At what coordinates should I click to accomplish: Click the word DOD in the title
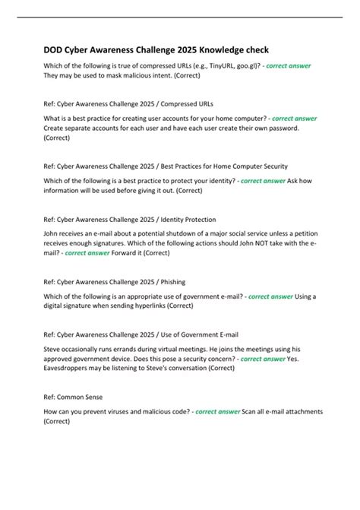pos(55,49)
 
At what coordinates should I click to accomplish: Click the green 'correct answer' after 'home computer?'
pos(294,118)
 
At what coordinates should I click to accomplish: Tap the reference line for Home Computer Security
pos(166,165)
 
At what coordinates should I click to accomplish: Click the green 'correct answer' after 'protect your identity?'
pos(263,182)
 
